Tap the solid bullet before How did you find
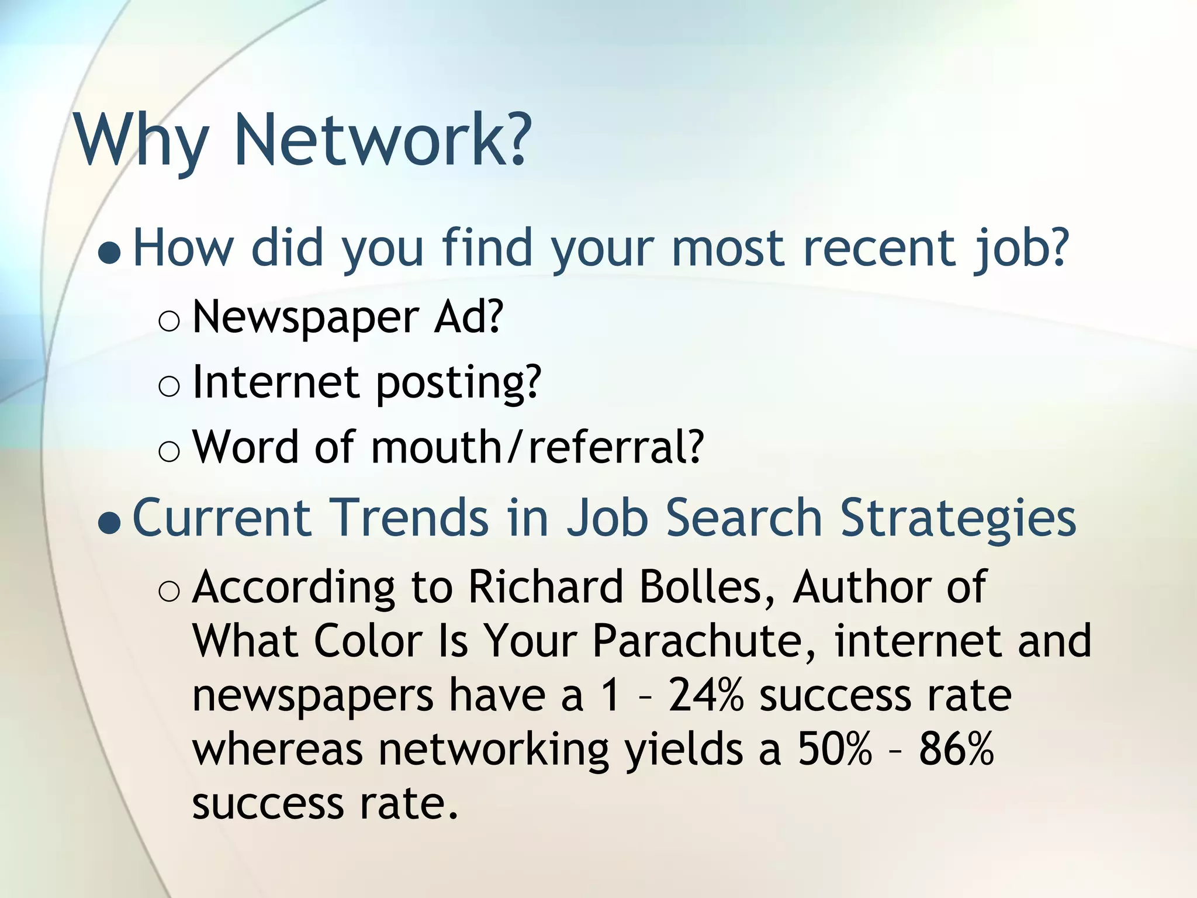(110, 253)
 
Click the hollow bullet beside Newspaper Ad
(169, 322)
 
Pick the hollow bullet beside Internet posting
(169, 387)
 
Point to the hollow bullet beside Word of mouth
(169, 453)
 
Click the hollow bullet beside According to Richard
(169, 592)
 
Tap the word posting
(459, 384)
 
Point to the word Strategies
(958, 520)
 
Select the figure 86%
(956, 748)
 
